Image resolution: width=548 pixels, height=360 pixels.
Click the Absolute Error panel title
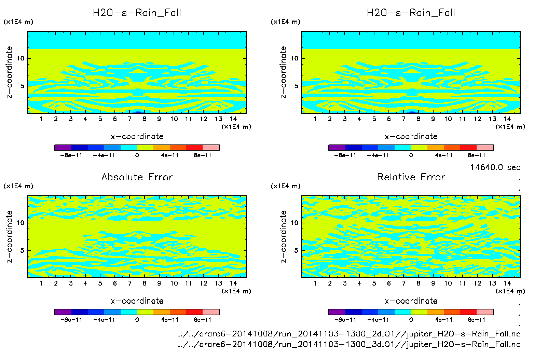137,177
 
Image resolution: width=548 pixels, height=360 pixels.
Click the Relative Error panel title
411,177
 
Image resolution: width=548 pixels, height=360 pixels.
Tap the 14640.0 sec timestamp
495,167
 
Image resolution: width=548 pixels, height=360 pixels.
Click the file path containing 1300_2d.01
349,334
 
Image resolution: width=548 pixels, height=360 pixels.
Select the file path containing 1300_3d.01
349,344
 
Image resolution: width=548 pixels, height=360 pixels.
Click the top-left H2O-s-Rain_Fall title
137,13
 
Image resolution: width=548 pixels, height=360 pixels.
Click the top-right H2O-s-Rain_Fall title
411,13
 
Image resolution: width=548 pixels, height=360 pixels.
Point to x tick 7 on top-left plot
129,119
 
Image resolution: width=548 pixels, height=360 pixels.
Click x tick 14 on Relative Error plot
507,283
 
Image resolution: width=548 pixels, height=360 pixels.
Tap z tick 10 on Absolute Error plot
21,223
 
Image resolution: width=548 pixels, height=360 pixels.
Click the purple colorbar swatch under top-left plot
63,148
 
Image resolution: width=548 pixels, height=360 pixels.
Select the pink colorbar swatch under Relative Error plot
485,312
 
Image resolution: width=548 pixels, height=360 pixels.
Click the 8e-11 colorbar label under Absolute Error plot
203,320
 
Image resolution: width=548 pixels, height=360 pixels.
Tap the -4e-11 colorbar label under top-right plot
378,155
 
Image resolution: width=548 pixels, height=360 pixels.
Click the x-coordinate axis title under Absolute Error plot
137,301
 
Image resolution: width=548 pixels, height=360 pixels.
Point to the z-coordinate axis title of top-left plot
9,72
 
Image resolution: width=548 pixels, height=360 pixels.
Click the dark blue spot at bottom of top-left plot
138,112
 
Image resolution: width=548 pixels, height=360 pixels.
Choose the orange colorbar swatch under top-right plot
435,148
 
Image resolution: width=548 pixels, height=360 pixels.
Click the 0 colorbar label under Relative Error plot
411,320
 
